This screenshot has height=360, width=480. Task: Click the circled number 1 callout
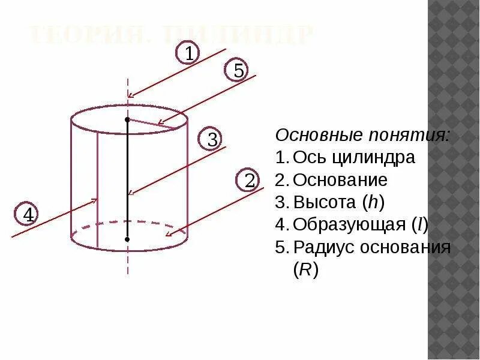tap(188, 53)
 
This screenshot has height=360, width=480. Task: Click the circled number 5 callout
tap(238, 71)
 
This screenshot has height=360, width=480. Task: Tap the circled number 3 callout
tap(212, 140)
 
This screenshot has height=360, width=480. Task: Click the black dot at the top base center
tap(127, 120)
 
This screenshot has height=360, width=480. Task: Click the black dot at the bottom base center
tap(127, 239)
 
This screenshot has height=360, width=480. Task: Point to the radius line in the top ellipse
tap(154, 124)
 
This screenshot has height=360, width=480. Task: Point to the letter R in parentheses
tap(305, 270)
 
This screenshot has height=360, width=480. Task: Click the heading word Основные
tap(311, 135)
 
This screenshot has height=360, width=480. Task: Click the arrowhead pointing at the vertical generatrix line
tap(94, 200)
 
